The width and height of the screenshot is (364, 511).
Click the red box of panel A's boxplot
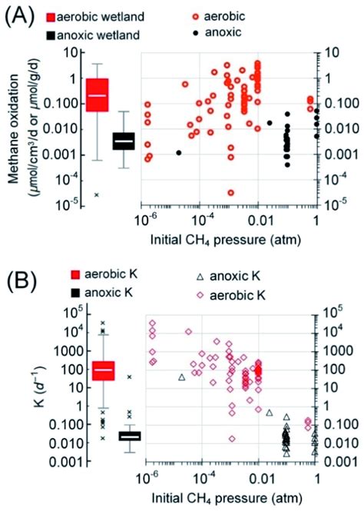coord(97,95)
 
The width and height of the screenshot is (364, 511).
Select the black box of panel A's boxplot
coord(123,141)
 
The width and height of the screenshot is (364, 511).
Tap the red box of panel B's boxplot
coord(102,370)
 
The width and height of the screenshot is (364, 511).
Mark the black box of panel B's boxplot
coord(129,436)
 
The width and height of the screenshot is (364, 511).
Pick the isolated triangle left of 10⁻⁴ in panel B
coord(182,377)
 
